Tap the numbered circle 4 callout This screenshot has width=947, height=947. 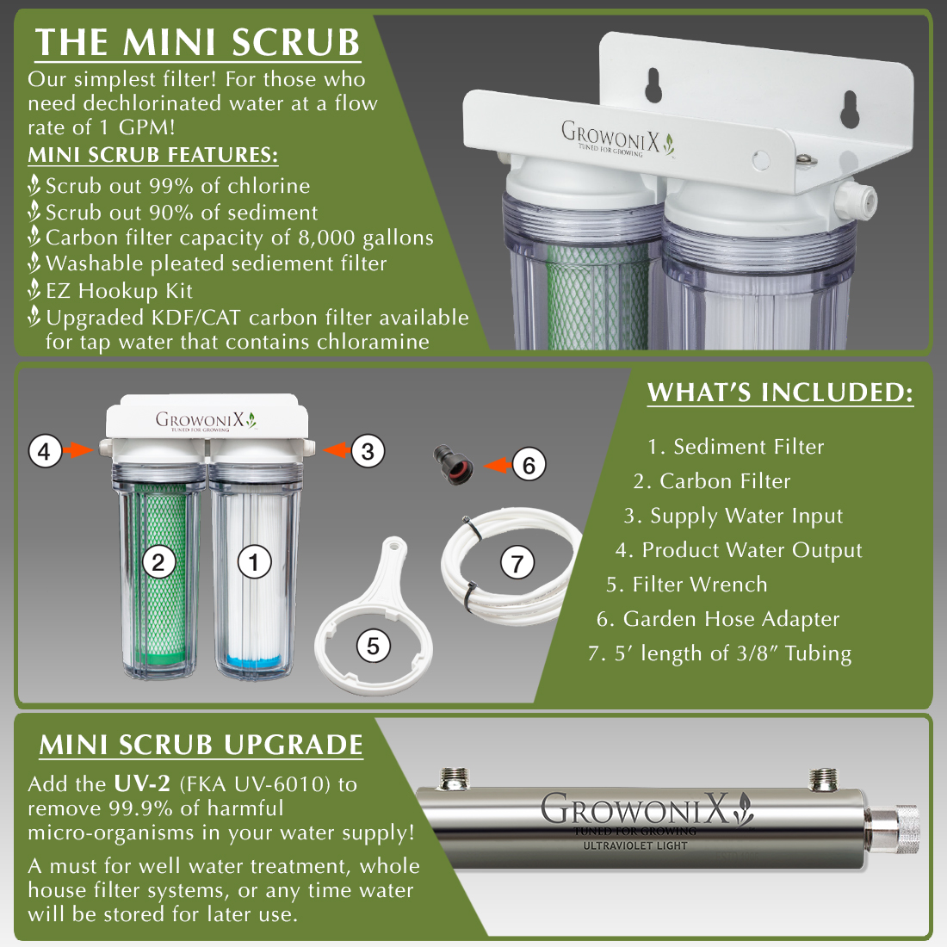[45, 450]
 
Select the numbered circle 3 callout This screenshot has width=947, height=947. [368, 450]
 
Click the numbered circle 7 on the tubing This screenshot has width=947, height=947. [517, 564]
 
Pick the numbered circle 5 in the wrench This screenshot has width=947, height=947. [373, 646]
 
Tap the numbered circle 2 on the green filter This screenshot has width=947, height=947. [158, 563]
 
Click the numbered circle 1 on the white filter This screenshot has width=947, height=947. [254, 563]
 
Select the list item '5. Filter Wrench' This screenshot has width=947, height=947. [686, 585]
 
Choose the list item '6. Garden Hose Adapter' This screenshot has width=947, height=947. [718, 619]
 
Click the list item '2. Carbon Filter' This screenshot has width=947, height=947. [712, 481]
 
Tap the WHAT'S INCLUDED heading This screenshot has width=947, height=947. [780, 393]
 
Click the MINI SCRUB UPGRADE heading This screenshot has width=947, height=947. [201, 745]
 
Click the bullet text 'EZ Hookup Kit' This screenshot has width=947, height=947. [119, 291]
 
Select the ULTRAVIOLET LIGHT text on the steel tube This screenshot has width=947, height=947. [635, 845]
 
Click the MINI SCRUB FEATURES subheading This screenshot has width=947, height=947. [152, 155]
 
